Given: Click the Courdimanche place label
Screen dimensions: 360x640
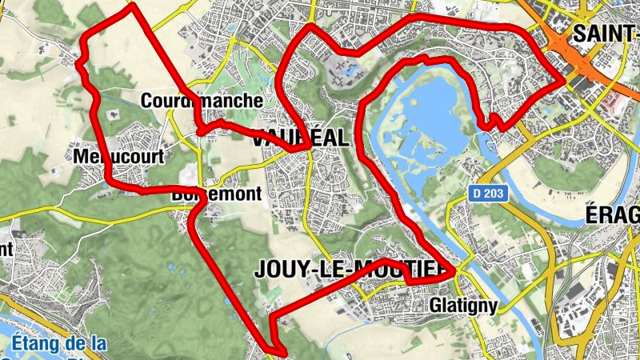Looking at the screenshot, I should (201, 101).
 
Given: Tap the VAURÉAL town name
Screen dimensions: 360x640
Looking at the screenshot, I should (300, 138).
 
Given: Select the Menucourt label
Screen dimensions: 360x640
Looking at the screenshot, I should (118, 156).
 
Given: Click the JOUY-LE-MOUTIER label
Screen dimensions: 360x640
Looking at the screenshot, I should (349, 270).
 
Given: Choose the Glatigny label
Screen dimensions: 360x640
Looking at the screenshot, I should (463, 306).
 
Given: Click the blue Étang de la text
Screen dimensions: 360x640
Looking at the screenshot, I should (60, 344).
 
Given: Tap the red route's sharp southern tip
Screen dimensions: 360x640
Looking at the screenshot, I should (283, 350).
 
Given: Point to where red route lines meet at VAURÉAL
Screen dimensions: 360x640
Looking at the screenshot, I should (308, 146).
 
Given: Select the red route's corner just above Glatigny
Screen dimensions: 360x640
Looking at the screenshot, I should (454, 273).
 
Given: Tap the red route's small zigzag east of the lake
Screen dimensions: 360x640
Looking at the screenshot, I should (492, 122).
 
